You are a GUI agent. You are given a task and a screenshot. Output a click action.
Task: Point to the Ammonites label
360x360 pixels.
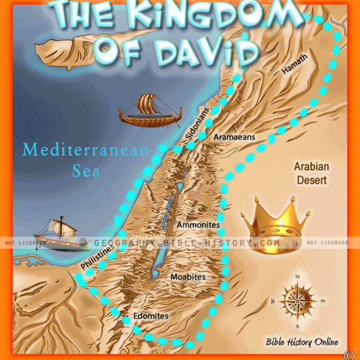198,225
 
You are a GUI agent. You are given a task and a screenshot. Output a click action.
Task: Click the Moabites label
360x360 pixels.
189,277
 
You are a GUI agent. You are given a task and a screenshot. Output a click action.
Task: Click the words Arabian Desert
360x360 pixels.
310,174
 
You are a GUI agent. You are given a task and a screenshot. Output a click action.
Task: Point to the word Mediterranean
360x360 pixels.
85,151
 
